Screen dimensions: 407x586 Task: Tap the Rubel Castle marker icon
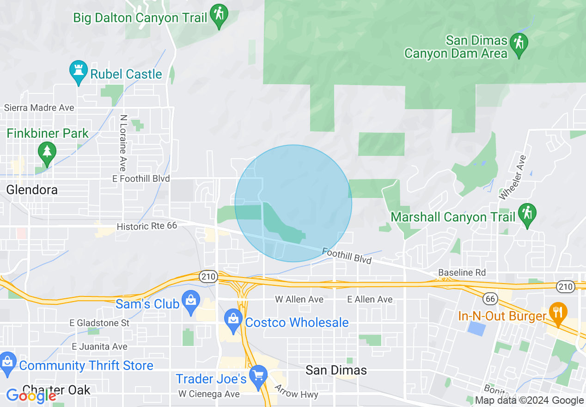(78, 71)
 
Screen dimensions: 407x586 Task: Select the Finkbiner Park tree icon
(46, 151)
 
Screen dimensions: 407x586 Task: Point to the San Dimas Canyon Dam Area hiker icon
(519, 44)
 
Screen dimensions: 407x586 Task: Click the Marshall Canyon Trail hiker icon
(526, 214)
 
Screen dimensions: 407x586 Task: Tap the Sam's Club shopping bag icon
(191, 301)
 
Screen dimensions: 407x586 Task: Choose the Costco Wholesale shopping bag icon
(233, 319)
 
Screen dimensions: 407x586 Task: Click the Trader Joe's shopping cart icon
(258, 376)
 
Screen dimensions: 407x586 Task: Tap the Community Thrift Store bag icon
(7, 362)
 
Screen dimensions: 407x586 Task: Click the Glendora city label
(32, 190)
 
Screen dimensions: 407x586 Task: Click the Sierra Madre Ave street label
(39, 108)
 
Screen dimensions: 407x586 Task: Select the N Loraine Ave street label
(123, 143)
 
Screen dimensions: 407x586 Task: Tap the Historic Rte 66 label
(147, 226)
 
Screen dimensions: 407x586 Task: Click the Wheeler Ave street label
(513, 177)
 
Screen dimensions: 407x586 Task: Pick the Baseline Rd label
(462, 272)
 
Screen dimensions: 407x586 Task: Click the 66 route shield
(490, 299)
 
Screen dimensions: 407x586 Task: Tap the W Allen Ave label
(299, 300)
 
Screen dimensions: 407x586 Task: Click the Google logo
(31, 396)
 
